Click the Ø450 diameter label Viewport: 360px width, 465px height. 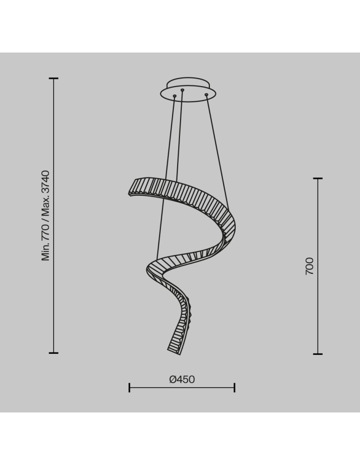click(x=182, y=379)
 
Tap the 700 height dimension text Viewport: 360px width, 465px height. click(x=309, y=266)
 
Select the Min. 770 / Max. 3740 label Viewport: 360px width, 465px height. click(x=46, y=216)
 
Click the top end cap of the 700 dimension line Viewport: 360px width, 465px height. click(x=318, y=179)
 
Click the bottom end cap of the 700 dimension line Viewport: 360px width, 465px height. click(x=318, y=354)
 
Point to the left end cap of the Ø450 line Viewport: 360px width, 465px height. click(x=129, y=388)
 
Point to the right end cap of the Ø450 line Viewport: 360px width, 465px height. click(x=234, y=388)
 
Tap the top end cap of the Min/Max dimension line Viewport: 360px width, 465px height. click(x=53, y=78)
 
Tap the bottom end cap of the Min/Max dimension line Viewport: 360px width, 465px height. click(x=53, y=353)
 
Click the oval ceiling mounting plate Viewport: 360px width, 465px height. click(x=188, y=89)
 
